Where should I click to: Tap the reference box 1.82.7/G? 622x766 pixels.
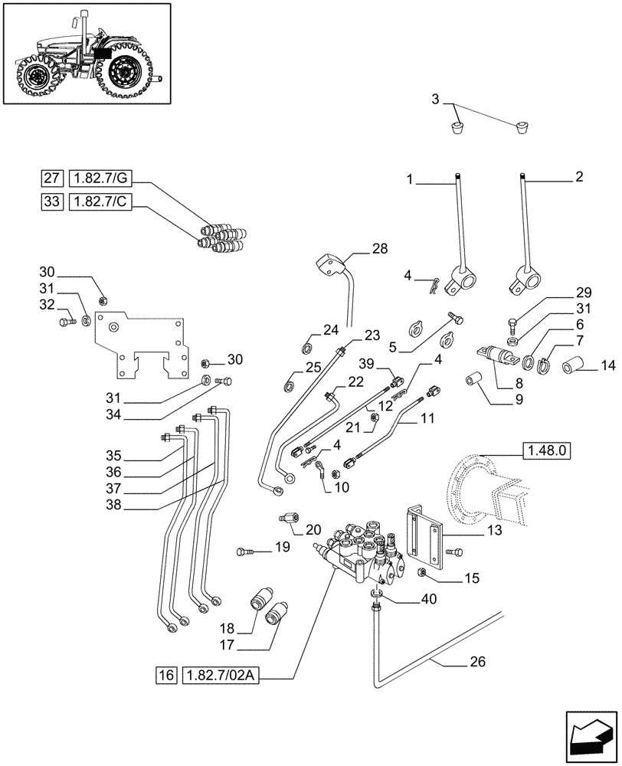[x=100, y=179]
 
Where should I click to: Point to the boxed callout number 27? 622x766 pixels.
[x=51, y=179]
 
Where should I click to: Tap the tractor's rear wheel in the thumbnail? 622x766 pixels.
[x=126, y=74]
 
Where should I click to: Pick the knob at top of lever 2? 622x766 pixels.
[x=523, y=180]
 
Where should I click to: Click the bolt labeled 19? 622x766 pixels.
[x=244, y=550]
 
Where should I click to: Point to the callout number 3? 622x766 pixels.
[x=435, y=100]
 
